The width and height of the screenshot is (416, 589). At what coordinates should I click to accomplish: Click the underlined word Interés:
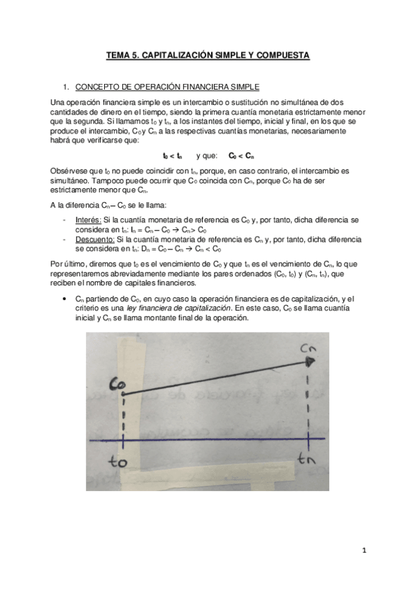88,219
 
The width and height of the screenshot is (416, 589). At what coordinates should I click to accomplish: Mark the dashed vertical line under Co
123,417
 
